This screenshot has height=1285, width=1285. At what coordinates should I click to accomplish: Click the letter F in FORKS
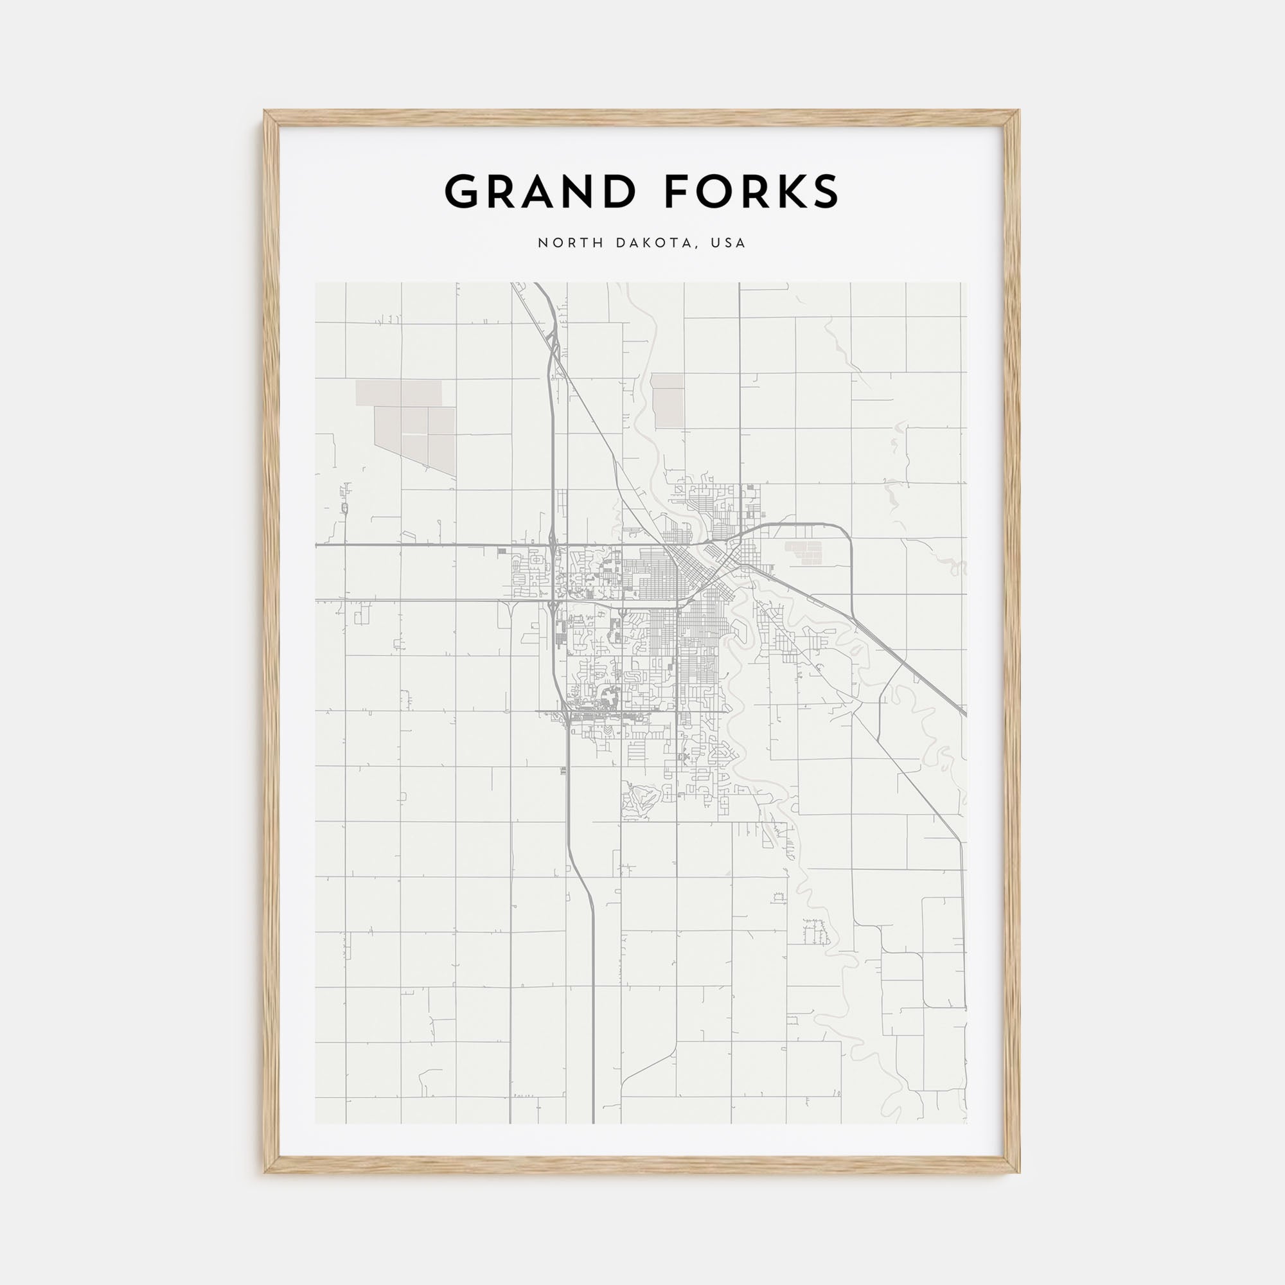[673, 192]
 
